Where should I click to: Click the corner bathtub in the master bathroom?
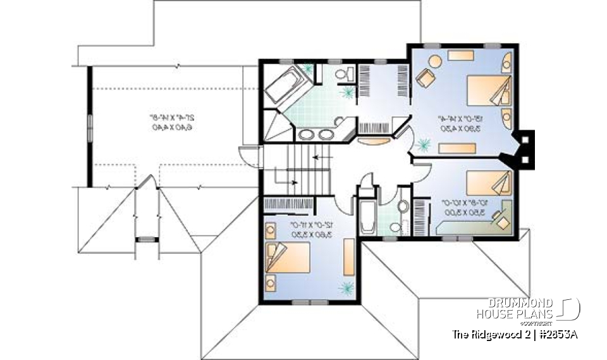tap(286, 84)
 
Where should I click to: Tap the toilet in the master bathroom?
tap(343, 76)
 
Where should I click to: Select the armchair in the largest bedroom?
tap(425, 80)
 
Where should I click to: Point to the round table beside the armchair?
tap(435, 61)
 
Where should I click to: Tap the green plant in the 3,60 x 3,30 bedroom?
tap(345, 288)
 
